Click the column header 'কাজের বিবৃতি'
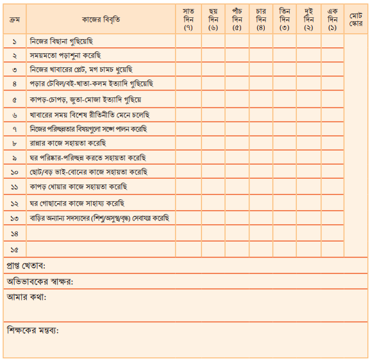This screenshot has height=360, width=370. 101,20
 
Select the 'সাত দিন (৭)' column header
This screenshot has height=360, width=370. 189,20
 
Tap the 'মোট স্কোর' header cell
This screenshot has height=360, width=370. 356,20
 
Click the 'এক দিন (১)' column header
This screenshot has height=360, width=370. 332,20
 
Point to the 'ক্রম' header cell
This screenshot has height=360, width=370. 14,20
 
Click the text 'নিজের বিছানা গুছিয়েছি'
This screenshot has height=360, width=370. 62,41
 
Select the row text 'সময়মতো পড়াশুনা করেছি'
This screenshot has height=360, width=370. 65,55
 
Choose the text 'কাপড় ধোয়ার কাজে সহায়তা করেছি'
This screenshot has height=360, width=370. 78,187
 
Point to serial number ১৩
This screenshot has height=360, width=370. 14,218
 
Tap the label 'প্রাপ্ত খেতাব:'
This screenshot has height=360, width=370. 30,266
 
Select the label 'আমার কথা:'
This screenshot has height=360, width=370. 26,297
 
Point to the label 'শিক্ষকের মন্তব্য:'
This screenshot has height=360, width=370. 33,330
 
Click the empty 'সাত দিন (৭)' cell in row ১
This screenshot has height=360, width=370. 189,41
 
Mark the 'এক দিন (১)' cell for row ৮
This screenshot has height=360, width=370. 332,143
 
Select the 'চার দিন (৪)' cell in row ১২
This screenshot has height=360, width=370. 260,203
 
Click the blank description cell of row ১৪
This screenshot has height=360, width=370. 101,234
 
